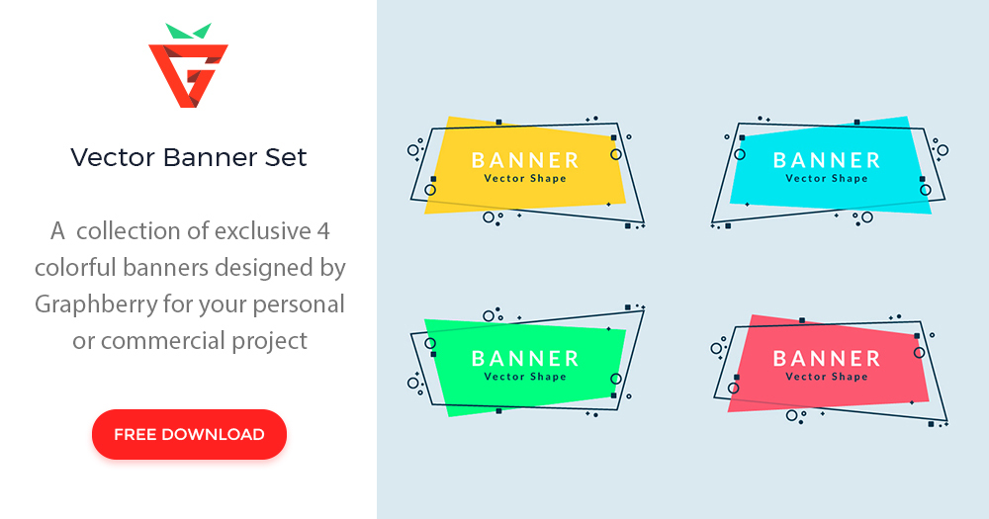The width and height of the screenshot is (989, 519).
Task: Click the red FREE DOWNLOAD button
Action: pos(189,434)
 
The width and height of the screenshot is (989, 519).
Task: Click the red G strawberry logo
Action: pos(188,75)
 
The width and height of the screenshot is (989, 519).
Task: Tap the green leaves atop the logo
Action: pos(188,31)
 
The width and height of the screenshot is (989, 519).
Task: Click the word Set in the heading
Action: pos(287,157)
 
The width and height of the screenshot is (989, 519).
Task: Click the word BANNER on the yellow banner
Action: pos(525,160)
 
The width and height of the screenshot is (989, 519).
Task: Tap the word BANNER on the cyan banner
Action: pos(827,160)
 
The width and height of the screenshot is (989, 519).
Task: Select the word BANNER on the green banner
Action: pos(525,359)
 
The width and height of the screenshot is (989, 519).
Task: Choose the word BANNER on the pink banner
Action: pos(827,359)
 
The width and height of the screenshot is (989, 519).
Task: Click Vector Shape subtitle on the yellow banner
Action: pos(525,179)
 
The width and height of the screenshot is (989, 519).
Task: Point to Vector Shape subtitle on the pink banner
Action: pos(827,377)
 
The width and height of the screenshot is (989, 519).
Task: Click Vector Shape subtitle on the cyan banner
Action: pos(827,179)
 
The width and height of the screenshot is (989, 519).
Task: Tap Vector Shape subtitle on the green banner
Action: pos(525,377)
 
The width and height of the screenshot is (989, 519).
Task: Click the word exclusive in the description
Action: pos(262,231)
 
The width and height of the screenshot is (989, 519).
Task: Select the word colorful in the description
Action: pos(81,268)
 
